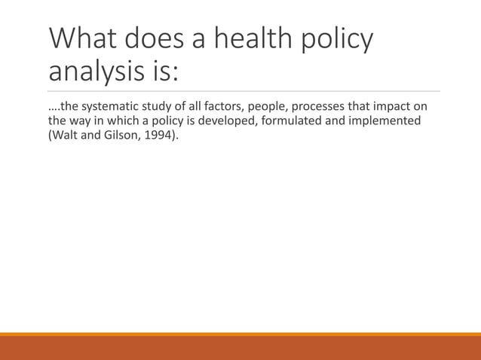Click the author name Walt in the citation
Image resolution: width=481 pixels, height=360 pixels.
pyautogui.click(x=66, y=136)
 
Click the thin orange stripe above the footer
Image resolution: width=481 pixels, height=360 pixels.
pyautogui.click(x=240, y=334)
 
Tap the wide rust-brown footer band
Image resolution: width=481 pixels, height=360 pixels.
pyautogui.click(x=240, y=348)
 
